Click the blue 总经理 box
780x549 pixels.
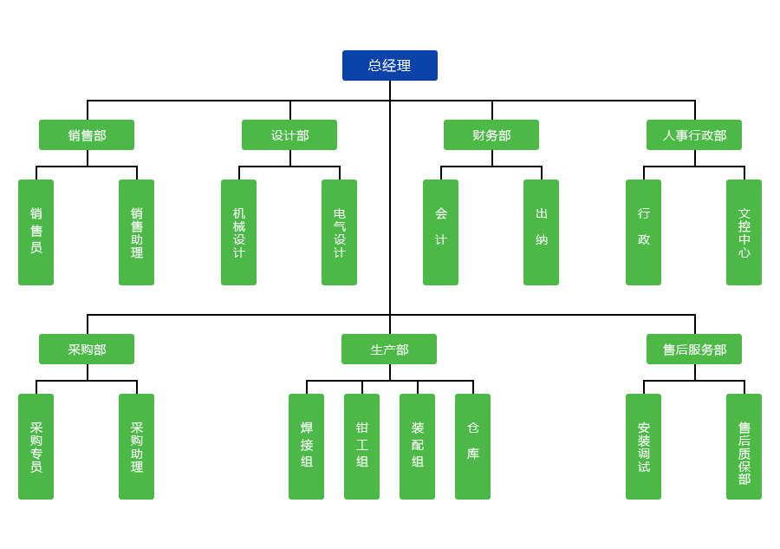click(389, 65)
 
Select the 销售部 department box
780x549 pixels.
click(87, 134)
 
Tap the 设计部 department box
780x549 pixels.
click(289, 134)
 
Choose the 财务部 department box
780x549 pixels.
click(491, 134)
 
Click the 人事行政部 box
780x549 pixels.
click(693, 134)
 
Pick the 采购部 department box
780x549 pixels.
click(87, 349)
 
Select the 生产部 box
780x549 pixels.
click(389, 349)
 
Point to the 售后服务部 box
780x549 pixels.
click(693, 349)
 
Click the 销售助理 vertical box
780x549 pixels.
click(136, 232)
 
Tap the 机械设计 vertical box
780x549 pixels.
click(238, 232)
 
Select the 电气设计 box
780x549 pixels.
click(339, 232)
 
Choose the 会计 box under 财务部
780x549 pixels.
click(440, 232)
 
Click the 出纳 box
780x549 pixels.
click(541, 232)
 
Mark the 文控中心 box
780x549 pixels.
click(744, 232)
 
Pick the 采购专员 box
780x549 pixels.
click(36, 447)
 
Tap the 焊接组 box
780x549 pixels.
click(306, 447)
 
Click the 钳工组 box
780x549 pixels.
click(361, 447)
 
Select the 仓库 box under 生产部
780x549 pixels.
click(472, 447)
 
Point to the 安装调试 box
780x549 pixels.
click(643, 447)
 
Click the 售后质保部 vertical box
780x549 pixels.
click(744, 447)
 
